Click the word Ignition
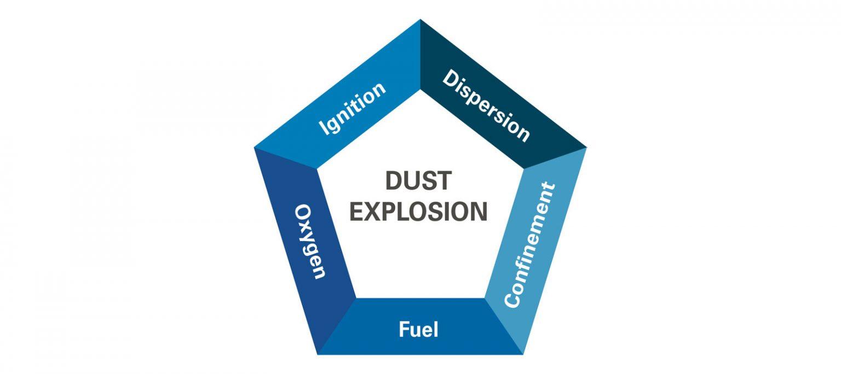(x=352, y=109)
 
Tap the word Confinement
(x=529, y=245)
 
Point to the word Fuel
(x=419, y=330)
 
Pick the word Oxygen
(x=310, y=242)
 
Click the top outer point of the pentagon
(x=420, y=19)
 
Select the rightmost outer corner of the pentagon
(x=586, y=148)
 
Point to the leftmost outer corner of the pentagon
(x=254, y=148)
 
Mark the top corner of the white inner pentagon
(x=420, y=90)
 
